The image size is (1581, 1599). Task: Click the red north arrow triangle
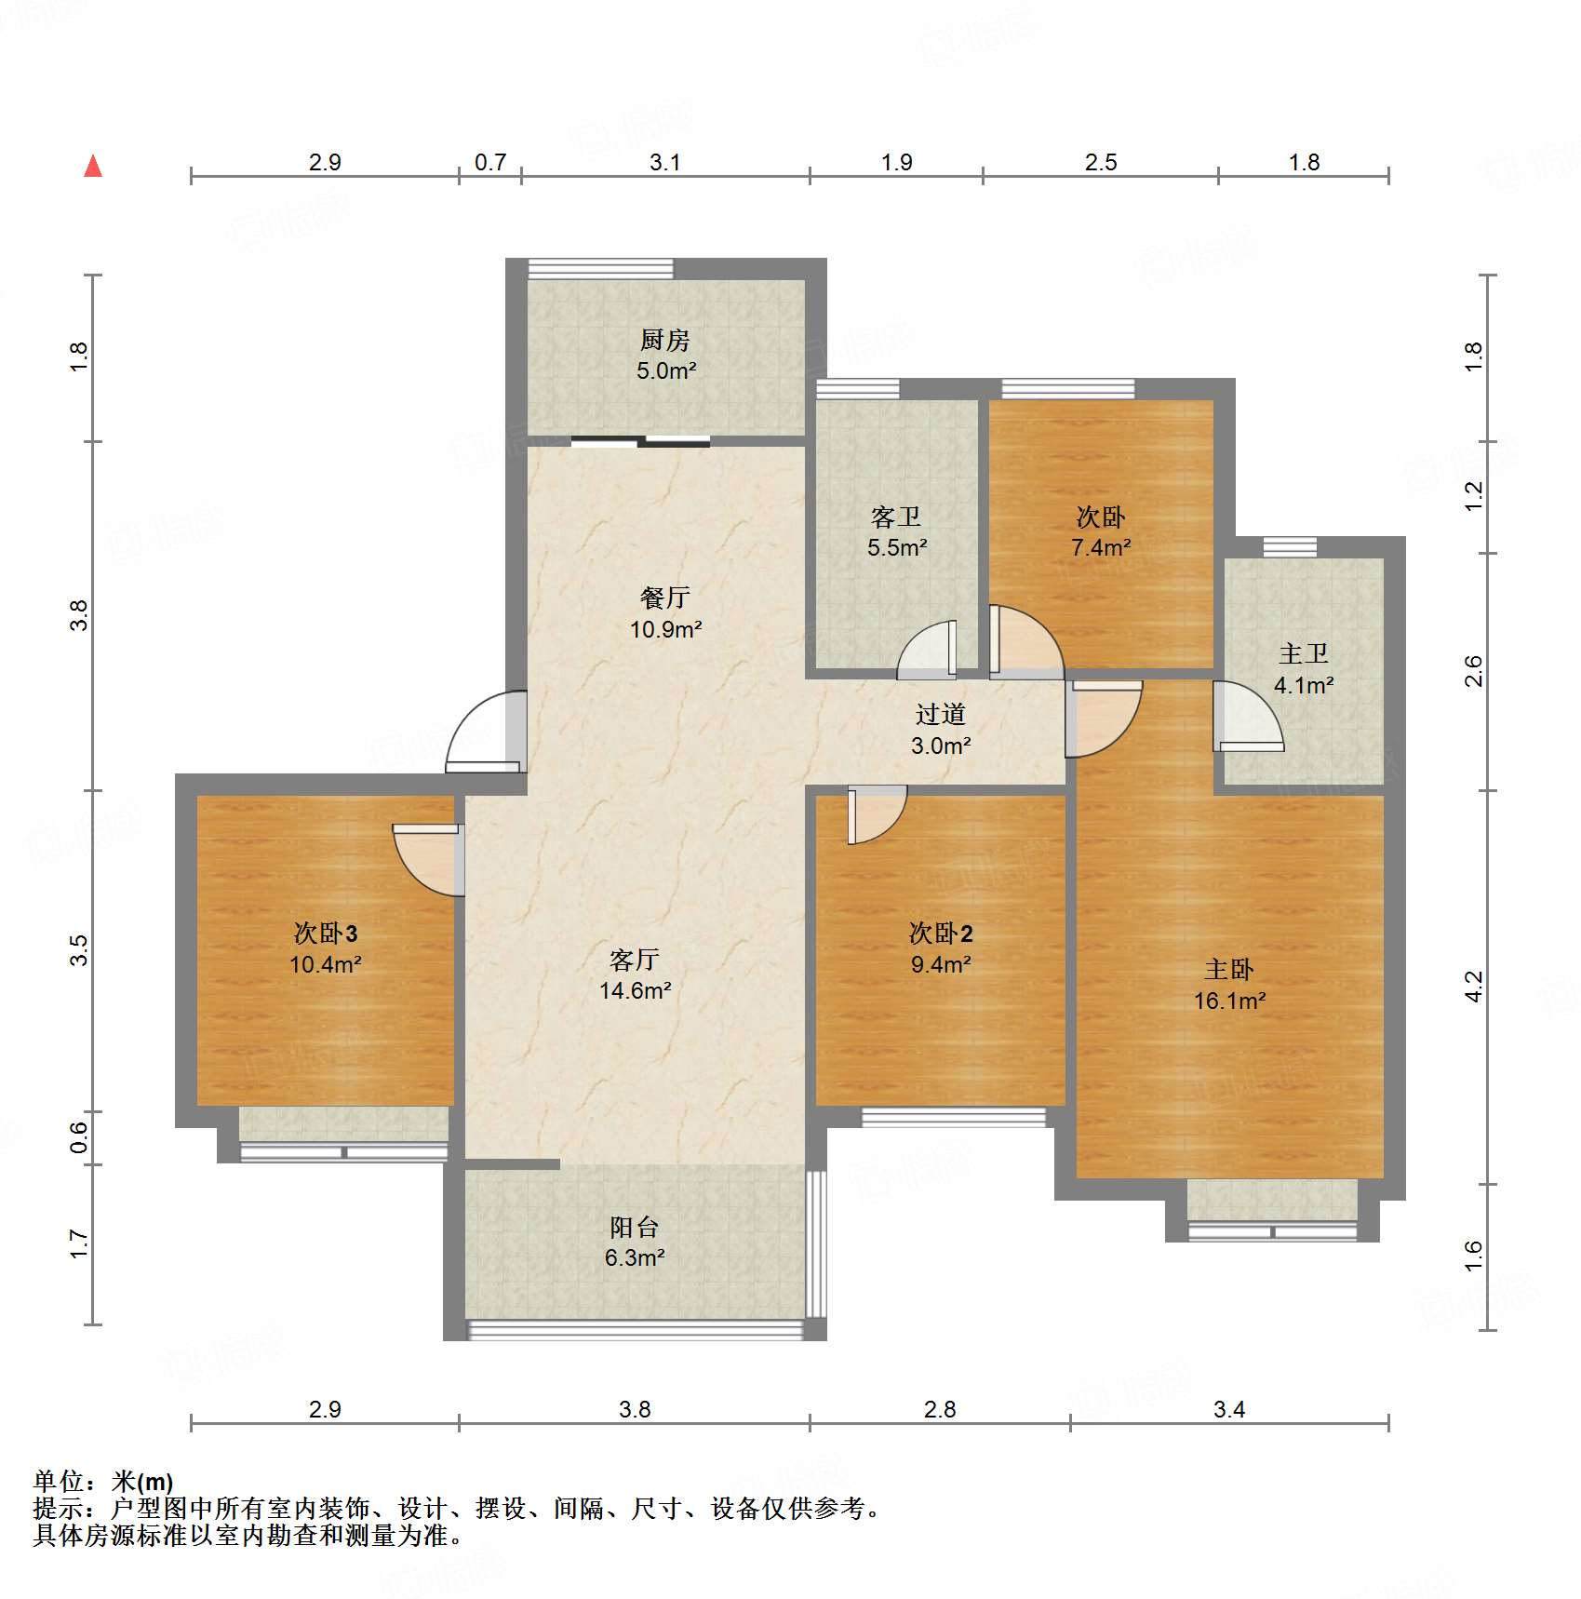tap(93, 166)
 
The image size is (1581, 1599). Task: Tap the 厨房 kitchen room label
tap(665, 341)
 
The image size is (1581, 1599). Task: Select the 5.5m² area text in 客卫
tap(897, 547)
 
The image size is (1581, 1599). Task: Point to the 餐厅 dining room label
tap(665, 598)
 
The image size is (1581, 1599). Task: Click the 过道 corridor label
tap(941, 714)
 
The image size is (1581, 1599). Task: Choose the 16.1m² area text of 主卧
tap(1229, 1001)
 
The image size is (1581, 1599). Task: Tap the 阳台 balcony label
tap(635, 1227)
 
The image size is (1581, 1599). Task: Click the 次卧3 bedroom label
tap(326, 933)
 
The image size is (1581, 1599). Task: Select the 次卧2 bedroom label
tap(941, 933)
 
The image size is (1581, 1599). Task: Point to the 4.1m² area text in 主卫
tap(1304, 685)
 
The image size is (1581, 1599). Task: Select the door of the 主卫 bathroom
tap(1248, 717)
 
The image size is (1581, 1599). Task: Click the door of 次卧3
tap(429, 860)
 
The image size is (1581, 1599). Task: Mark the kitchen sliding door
tap(640, 441)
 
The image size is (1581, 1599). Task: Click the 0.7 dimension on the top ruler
tap(490, 162)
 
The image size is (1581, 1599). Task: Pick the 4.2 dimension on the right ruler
tap(1473, 987)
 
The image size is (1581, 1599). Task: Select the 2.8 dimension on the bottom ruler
tap(940, 1409)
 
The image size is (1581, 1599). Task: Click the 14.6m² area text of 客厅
tap(635, 990)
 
